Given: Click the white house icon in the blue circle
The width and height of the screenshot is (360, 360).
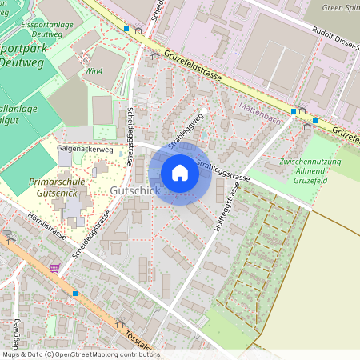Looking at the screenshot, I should [180, 173].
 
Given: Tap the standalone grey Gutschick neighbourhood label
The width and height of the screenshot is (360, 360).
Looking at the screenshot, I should [135, 191].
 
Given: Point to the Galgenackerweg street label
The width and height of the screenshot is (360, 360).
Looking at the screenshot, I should [85, 149].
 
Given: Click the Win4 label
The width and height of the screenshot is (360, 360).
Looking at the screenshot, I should [95, 70].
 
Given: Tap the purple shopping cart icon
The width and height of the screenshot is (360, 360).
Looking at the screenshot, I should [54, 269].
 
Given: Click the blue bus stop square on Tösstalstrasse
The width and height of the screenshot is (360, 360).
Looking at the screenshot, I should [75, 294].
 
